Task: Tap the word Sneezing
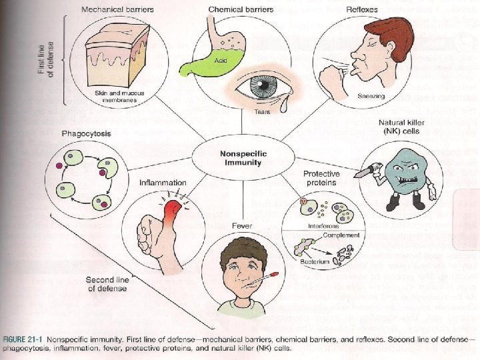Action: [371, 96]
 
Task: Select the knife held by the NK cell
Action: [363, 171]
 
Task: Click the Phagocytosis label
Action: [86, 134]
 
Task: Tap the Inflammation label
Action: [163, 182]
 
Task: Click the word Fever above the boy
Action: [242, 225]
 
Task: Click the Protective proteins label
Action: [321, 179]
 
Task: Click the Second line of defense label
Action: [107, 283]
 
